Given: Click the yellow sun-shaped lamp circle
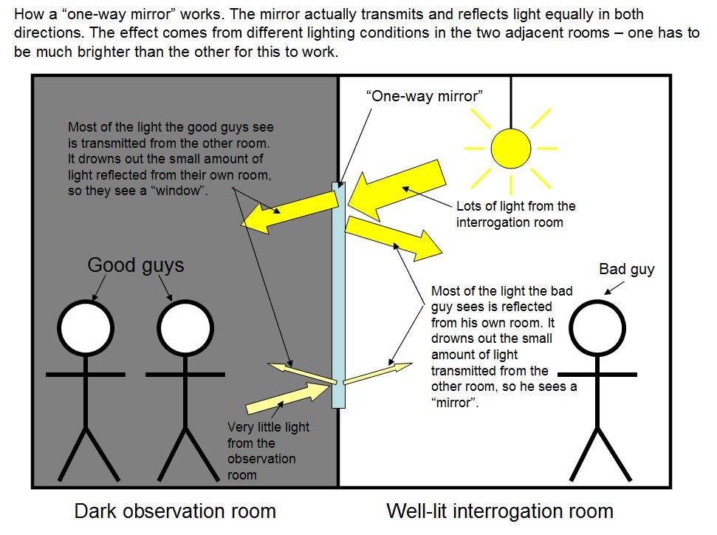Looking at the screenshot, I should (x=511, y=148).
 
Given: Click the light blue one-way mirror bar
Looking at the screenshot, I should (x=338, y=296).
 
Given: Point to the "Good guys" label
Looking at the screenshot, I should (x=136, y=265).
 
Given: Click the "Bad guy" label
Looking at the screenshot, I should (x=626, y=269).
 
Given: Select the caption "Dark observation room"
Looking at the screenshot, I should (x=175, y=511).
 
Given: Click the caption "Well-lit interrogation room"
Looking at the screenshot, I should (x=500, y=511).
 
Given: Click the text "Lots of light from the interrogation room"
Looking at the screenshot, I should (x=515, y=214).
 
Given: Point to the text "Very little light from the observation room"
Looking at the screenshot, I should (x=268, y=451).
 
